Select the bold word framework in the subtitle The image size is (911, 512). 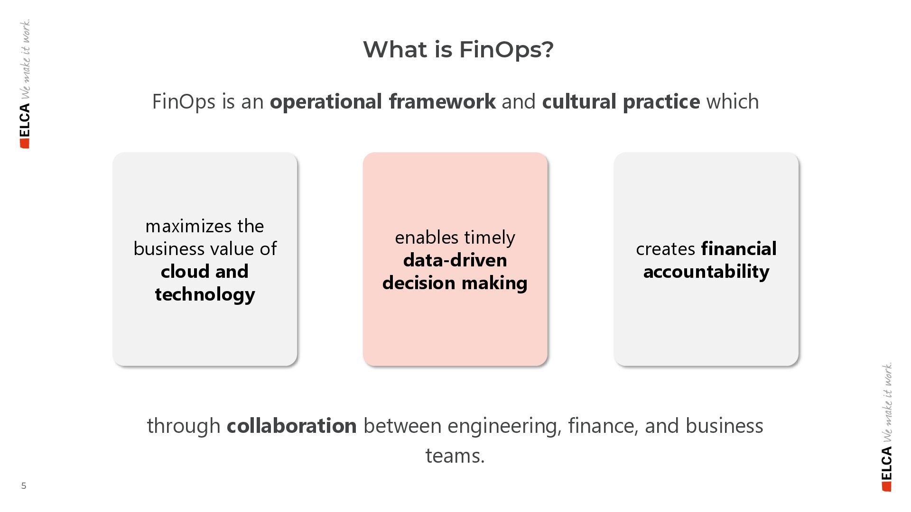(x=442, y=101)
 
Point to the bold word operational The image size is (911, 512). (x=325, y=101)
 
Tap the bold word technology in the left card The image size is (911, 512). (x=205, y=295)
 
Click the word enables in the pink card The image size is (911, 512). (x=427, y=238)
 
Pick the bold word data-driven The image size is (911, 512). (x=455, y=260)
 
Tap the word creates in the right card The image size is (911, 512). (x=665, y=249)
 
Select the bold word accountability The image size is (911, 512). (x=706, y=272)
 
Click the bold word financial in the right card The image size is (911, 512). (x=739, y=249)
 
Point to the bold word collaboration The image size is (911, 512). (x=291, y=426)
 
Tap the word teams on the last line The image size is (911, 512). (x=454, y=456)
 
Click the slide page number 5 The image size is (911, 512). (x=24, y=485)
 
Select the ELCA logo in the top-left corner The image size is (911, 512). (x=25, y=126)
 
